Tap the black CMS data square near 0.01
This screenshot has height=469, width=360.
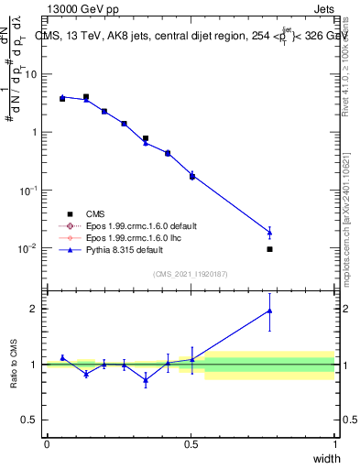tap(269, 249)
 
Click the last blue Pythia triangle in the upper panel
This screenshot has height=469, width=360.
tap(269, 232)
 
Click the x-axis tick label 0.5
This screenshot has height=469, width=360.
tap(191, 443)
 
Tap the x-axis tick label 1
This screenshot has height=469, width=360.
tap(335, 443)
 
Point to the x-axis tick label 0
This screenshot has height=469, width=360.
tap(47, 443)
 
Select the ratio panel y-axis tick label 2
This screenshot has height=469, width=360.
tap(36, 309)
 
